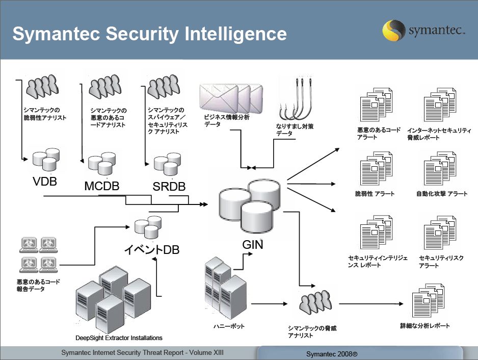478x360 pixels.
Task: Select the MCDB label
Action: click(102, 186)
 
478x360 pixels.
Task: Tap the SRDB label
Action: click(169, 187)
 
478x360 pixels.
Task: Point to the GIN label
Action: click(253, 244)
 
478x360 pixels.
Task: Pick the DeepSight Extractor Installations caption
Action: click(119, 338)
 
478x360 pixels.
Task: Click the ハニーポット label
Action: click(229, 326)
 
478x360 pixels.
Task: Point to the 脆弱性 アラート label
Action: click(375, 194)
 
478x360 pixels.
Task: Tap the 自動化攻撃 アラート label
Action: click(441, 194)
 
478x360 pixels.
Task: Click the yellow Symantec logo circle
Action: click(393, 31)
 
